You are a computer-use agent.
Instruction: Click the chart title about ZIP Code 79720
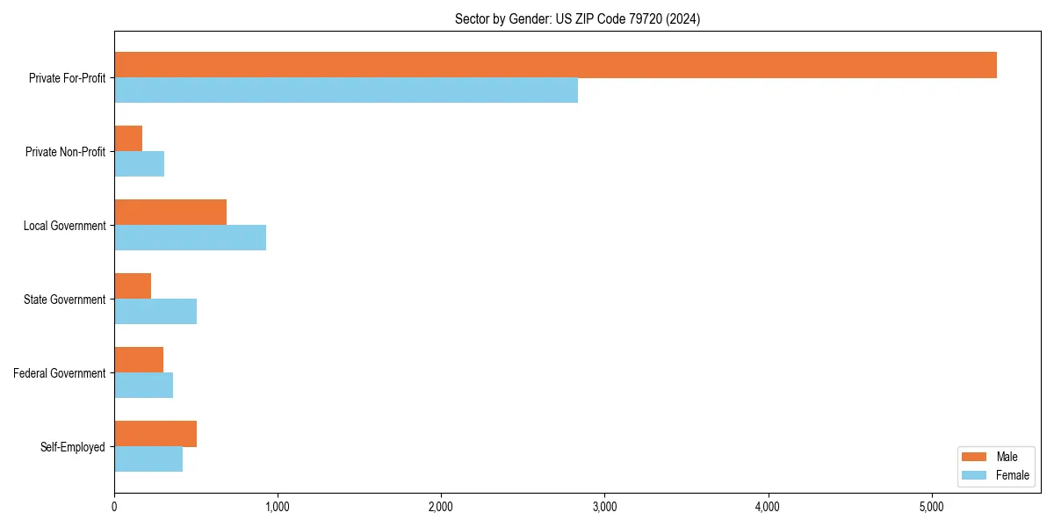577,18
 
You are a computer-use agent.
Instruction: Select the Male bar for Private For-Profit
555,65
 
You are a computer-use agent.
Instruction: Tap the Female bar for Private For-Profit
346,90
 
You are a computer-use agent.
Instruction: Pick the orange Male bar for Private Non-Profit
128,139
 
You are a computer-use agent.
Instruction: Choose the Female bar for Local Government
190,238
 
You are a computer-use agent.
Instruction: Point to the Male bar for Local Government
170,213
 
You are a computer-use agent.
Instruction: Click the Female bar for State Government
155,312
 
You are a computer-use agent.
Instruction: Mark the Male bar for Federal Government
139,360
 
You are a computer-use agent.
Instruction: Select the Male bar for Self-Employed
155,434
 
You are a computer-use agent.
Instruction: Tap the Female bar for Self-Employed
148,459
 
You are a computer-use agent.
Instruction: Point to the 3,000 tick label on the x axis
604,507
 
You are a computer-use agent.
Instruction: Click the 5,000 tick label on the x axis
931,507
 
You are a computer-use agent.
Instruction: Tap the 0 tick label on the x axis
114,507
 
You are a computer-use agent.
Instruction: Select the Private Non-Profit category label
65,152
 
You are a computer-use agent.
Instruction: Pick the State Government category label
64,300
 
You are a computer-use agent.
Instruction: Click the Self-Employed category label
72,447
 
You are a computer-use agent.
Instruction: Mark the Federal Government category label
60,373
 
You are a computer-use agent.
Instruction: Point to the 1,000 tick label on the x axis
278,507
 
